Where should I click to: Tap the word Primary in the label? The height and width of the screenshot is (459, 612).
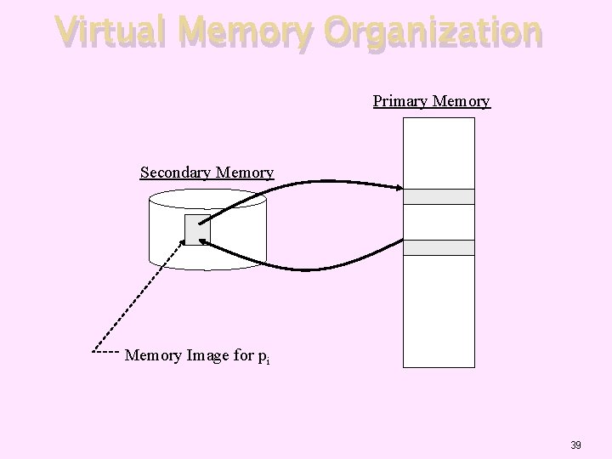coord(399,101)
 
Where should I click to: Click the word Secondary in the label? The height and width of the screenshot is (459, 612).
coord(176,173)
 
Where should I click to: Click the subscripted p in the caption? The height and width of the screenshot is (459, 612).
coord(263,355)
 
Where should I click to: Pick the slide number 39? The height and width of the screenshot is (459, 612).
coord(575,445)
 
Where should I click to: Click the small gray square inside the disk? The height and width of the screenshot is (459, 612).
coord(197,229)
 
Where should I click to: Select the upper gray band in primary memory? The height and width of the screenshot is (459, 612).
coord(438,196)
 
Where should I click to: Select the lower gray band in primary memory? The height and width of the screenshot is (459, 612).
coord(438,247)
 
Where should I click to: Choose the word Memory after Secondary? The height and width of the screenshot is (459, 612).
coord(245,173)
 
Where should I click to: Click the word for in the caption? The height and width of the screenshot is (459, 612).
coord(241,354)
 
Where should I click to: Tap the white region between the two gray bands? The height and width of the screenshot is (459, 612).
coord(438,222)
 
